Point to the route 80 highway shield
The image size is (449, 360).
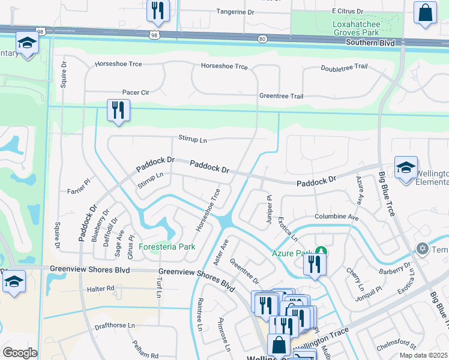(x=262, y=38)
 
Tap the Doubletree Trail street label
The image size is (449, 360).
(x=344, y=68)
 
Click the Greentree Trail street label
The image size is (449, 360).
(x=281, y=96)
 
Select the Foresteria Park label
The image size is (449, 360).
(x=167, y=247)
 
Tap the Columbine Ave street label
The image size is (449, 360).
(x=336, y=216)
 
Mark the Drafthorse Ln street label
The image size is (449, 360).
(x=115, y=328)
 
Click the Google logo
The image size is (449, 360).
(x=20, y=353)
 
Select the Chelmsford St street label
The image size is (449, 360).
(x=396, y=346)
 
